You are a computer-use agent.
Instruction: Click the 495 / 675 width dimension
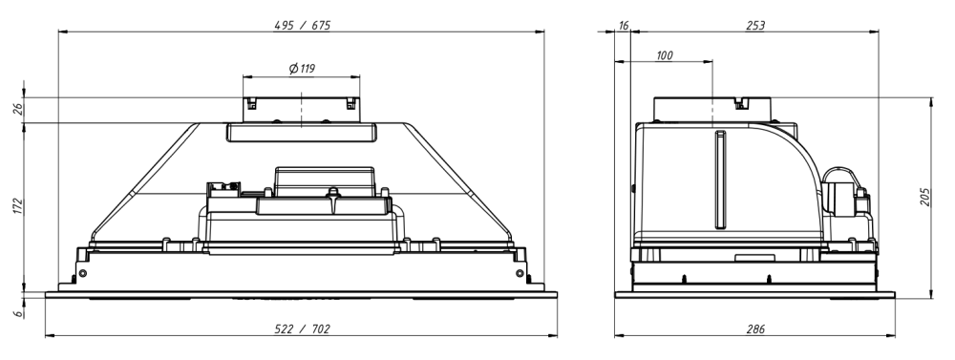pyautogui.click(x=302, y=25)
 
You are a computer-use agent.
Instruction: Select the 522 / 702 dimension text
pyautogui.click(x=302, y=328)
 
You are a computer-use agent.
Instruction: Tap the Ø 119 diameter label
pyautogui.click(x=302, y=68)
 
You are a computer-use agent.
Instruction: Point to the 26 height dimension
pyautogui.click(x=17, y=109)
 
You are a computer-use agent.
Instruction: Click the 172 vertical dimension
pyautogui.click(x=17, y=205)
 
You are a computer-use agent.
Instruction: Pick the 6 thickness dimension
pyautogui.click(x=18, y=312)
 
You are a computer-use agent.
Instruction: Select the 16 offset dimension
pyautogui.click(x=623, y=25)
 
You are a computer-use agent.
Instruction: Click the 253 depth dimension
pyautogui.click(x=755, y=25)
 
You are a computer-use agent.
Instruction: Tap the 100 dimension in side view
pyautogui.click(x=664, y=55)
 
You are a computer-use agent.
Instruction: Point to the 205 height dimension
pyautogui.click(x=925, y=197)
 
